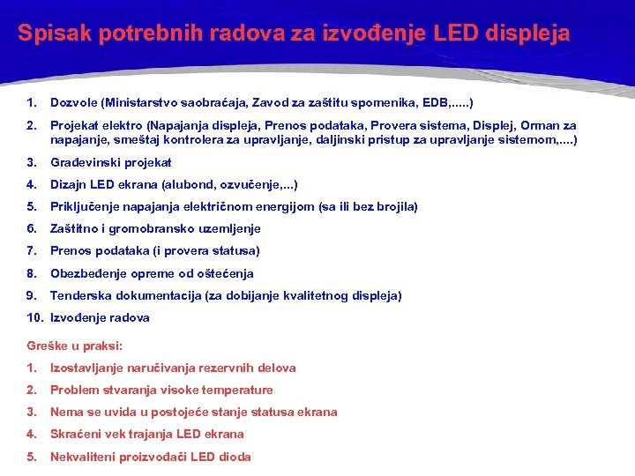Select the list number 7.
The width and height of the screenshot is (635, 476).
[31, 250]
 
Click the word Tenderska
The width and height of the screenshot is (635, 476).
[80, 295]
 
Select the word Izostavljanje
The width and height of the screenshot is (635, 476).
[89, 368]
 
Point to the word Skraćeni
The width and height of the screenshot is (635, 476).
[77, 434]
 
